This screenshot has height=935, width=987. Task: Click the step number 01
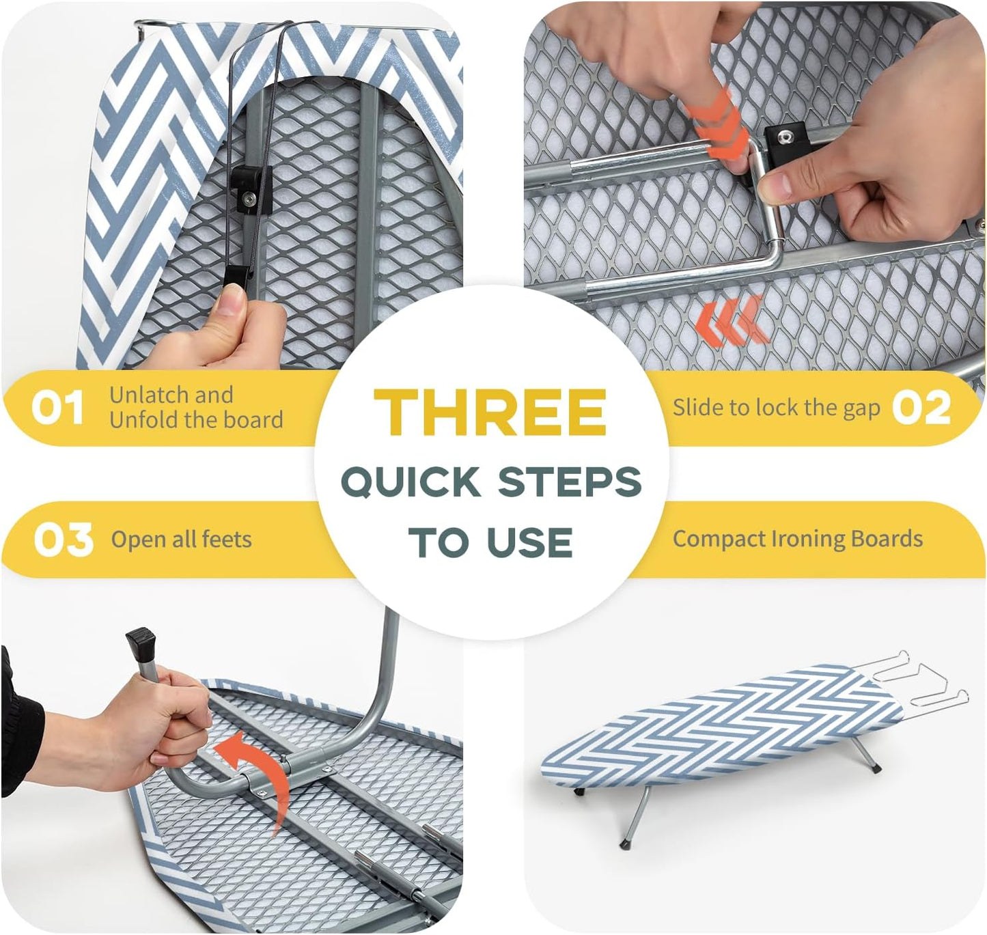(57, 408)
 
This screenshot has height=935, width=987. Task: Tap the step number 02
(921, 408)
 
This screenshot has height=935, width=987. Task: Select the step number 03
(63, 540)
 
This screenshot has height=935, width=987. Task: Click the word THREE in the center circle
(490, 412)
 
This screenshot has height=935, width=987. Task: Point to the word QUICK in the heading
(411, 482)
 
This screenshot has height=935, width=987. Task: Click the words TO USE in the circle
(490, 543)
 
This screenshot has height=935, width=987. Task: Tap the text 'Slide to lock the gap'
(776, 408)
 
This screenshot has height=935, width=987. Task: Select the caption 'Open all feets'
(182, 540)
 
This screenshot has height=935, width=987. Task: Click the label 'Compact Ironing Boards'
(797, 539)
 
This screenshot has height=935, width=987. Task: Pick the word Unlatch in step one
(144, 395)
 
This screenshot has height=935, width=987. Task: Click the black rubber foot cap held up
(141, 643)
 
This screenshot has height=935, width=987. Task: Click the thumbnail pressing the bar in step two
(774, 185)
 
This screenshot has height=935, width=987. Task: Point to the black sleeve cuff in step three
(20, 724)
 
